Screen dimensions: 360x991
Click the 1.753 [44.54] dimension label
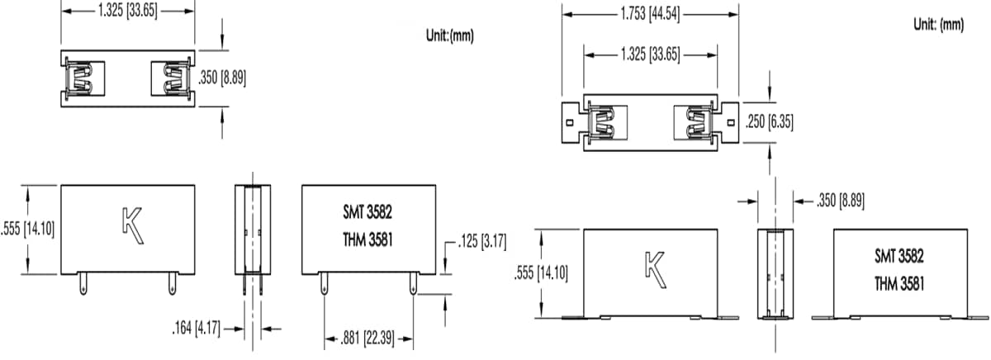650,14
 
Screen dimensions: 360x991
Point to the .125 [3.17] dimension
482,242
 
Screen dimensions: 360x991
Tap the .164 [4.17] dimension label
196,329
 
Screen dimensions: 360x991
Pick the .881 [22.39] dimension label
368,336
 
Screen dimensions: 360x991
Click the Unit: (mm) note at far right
938,25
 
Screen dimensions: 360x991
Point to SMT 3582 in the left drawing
367,212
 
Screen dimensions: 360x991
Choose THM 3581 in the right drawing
899,283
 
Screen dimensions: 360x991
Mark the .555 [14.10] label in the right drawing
541,272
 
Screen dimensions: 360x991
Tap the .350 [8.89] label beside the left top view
224,78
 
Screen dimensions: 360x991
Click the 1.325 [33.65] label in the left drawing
128,11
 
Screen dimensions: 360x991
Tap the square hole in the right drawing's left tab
570,121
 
